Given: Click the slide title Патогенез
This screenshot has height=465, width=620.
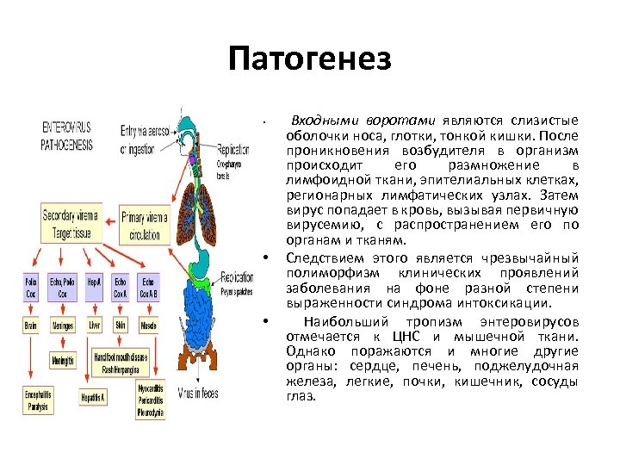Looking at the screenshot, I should pyautogui.click(x=310, y=59).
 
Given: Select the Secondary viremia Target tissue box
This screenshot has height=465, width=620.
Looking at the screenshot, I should pyautogui.click(x=70, y=222).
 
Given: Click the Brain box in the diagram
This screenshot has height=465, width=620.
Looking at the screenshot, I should pyautogui.click(x=32, y=326).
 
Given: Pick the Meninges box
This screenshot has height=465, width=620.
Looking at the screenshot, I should pyautogui.click(x=63, y=326).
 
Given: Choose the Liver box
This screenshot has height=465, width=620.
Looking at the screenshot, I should pyautogui.click(x=94, y=326).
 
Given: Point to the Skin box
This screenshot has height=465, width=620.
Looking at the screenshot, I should pyautogui.click(x=121, y=326).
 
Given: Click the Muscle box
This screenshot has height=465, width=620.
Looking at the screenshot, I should pyautogui.click(x=149, y=326).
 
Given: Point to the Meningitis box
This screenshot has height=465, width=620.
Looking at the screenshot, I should pyautogui.click(x=63, y=361).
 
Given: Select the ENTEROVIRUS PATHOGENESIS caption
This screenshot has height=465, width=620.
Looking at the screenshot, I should pyautogui.click(x=66, y=136).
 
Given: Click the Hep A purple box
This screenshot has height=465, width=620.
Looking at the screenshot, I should pyautogui.click(x=94, y=287).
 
